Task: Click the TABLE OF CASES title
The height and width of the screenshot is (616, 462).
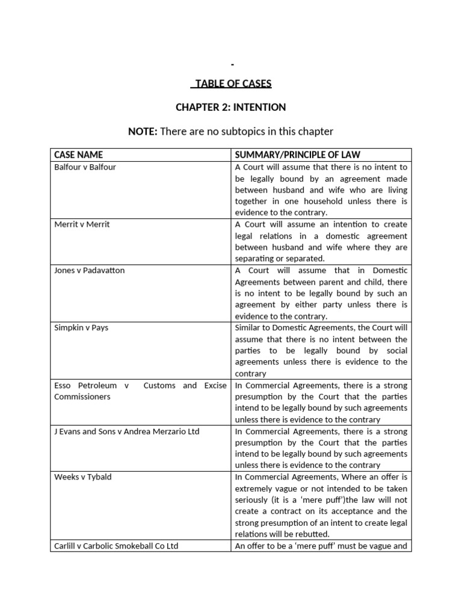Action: [231, 83]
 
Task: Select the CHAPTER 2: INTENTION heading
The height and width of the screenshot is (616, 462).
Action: [231, 107]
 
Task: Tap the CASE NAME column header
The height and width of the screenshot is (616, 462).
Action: [78, 155]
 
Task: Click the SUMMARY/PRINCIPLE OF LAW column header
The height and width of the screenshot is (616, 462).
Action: [298, 155]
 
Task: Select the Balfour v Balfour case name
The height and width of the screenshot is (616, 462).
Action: [85, 167]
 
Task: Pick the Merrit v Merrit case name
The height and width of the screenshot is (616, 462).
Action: [82, 224]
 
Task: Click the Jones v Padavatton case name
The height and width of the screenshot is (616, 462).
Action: [89, 270]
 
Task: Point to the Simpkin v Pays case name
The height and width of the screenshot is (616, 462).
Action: [81, 328]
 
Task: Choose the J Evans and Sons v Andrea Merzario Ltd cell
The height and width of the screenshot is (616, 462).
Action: [126, 431]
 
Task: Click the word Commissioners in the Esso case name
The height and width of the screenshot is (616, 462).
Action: [82, 397]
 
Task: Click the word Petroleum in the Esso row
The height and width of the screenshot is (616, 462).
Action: [96, 386]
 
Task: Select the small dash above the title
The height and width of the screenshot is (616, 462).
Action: [232, 64]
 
